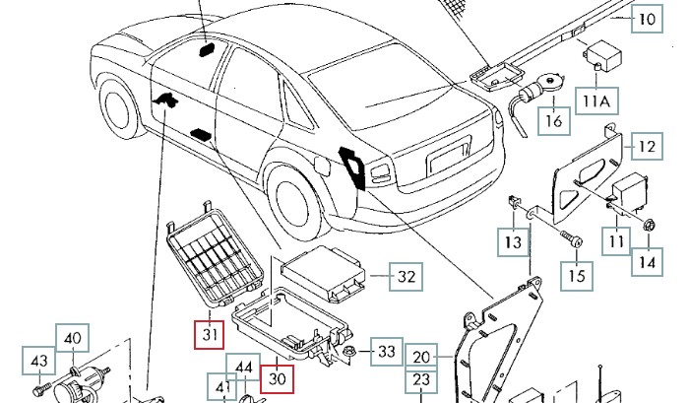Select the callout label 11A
point(595,101)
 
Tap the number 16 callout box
point(554,121)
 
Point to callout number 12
point(645,147)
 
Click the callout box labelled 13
point(513,241)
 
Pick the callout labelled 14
point(646,263)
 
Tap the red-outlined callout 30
point(279,375)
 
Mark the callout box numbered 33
point(387,351)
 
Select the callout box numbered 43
point(39,362)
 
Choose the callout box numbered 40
point(72,339)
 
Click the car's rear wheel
point(292,202)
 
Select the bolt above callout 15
point(571,239)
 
